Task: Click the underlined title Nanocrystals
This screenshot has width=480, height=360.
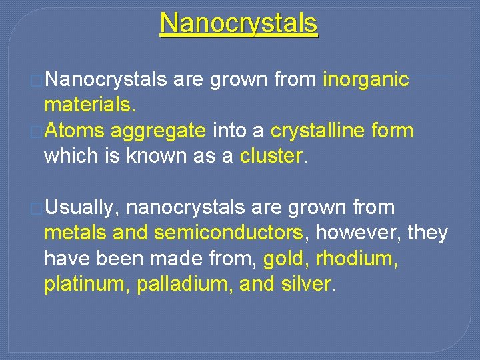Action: [x=239, y=24]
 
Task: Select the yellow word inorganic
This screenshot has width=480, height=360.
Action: [x=366, y=80]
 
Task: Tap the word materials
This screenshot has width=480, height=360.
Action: [x=88, y=105]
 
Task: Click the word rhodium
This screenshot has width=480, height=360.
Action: [x=357, y=259]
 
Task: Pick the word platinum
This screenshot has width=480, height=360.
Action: [x=87, y=284]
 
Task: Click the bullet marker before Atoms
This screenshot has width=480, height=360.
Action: [x=38, y=131]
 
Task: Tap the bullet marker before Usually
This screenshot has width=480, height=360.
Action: [x=38, y=208]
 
